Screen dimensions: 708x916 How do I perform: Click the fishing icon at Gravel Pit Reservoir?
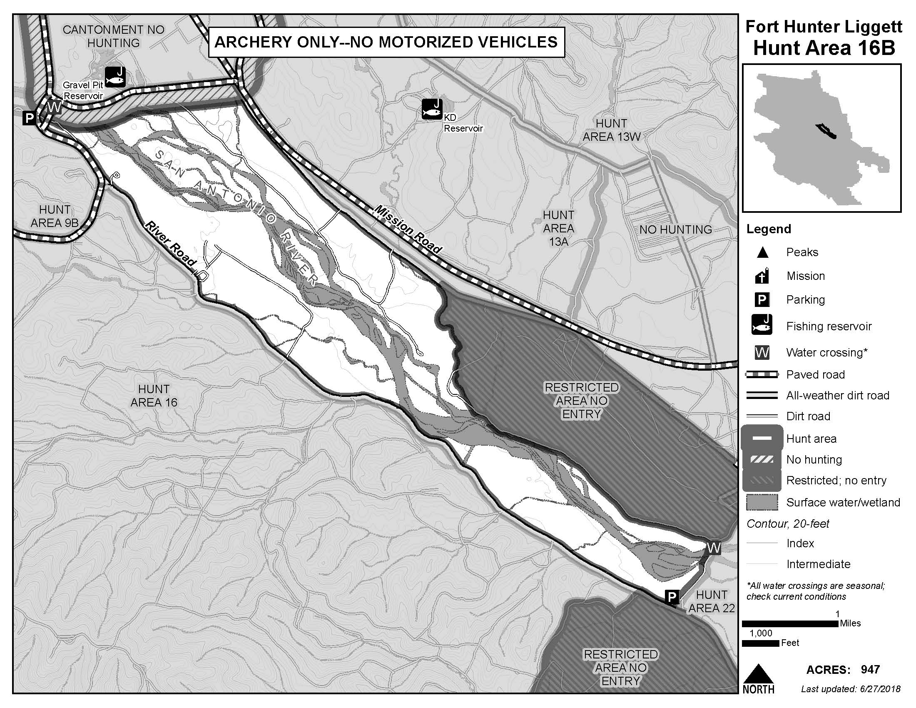click(115, 77)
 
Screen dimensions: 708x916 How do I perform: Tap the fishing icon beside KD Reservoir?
click(432, 110)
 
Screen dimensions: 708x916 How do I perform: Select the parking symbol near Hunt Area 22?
click(672, 596)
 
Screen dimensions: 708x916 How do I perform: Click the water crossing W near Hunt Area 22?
click(713, 548)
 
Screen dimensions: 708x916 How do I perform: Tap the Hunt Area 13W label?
click(611, 130)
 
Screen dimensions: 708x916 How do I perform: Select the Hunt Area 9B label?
click(55, 216)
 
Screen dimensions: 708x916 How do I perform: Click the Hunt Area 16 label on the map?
click(154, 396)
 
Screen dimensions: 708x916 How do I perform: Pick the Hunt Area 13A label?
click(558, 228)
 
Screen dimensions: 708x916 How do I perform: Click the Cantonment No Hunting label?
click(113, 36)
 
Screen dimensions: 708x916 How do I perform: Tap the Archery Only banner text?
click(386, 42)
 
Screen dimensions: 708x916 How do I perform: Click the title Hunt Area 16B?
click(824, 48)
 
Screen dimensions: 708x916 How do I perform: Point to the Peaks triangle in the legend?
click(762, 252)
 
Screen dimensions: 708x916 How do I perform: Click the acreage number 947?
click(870, 669)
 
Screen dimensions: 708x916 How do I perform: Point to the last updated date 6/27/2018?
click(875, 689)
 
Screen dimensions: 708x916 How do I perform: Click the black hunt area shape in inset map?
click(826, 131)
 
